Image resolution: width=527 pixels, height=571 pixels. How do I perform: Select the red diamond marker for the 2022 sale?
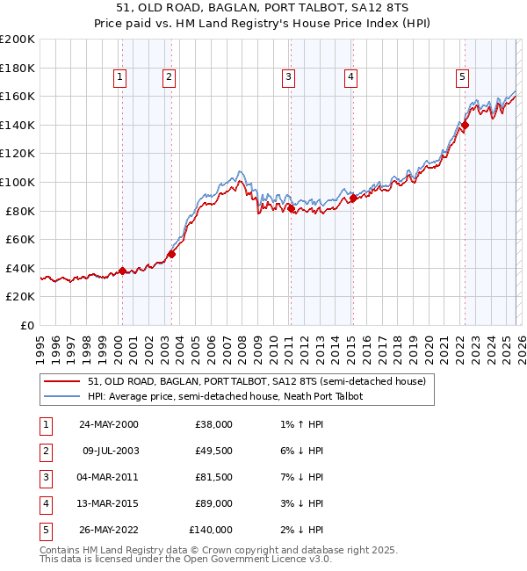(465, 125)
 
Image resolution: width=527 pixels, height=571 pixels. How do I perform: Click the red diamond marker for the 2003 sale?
(171, 255)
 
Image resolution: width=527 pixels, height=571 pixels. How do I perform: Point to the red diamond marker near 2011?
(291, 208)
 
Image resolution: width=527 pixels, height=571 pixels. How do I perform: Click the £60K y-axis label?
(19, 239)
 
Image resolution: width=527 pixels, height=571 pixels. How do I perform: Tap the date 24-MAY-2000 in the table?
(108, 424)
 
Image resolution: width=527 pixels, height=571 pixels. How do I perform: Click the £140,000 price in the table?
(211, 530)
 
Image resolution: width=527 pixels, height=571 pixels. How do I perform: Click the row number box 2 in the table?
(43, 451)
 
